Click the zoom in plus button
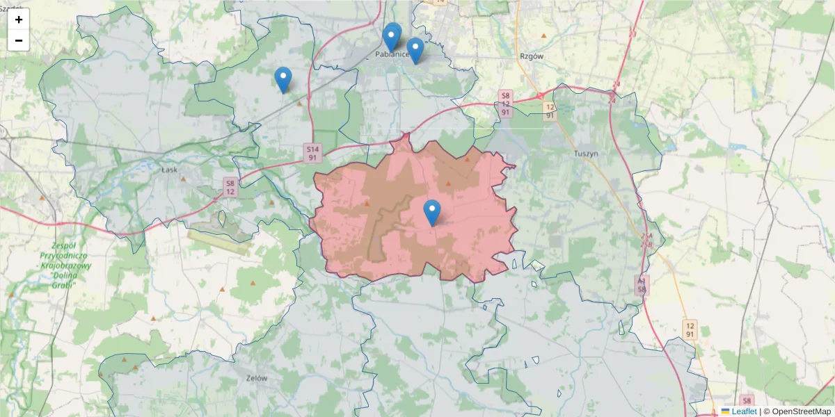coord(19,19)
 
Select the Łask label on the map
coord(170,168)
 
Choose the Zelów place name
coord(257,379)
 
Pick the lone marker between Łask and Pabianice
coord(283,79)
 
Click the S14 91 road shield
coord(312,153)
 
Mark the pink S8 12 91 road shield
coord(506,103)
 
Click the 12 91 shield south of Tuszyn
coord(690,329)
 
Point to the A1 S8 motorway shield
coord(642,284)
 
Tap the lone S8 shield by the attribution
coord(747,400)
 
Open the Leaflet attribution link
coord(744,411)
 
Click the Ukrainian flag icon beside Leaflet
coord(725,411)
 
